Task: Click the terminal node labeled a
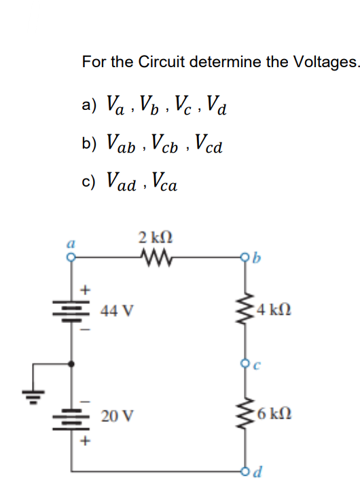[66, 256]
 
